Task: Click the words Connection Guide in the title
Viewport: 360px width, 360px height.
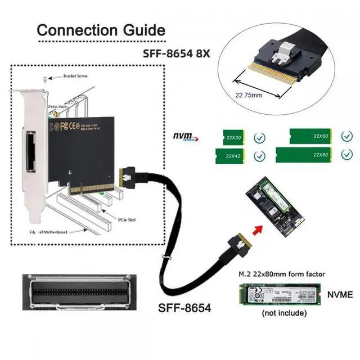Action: tap(101, 30)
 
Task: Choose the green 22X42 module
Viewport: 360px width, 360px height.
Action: tap(231, 156)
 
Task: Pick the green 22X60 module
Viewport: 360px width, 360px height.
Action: tap(310, 136)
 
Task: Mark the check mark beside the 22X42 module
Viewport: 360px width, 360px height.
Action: tap(259, 156)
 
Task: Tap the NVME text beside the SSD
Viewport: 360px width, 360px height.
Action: tap(340, 294)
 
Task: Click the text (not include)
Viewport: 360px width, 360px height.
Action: tap(284, 313)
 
